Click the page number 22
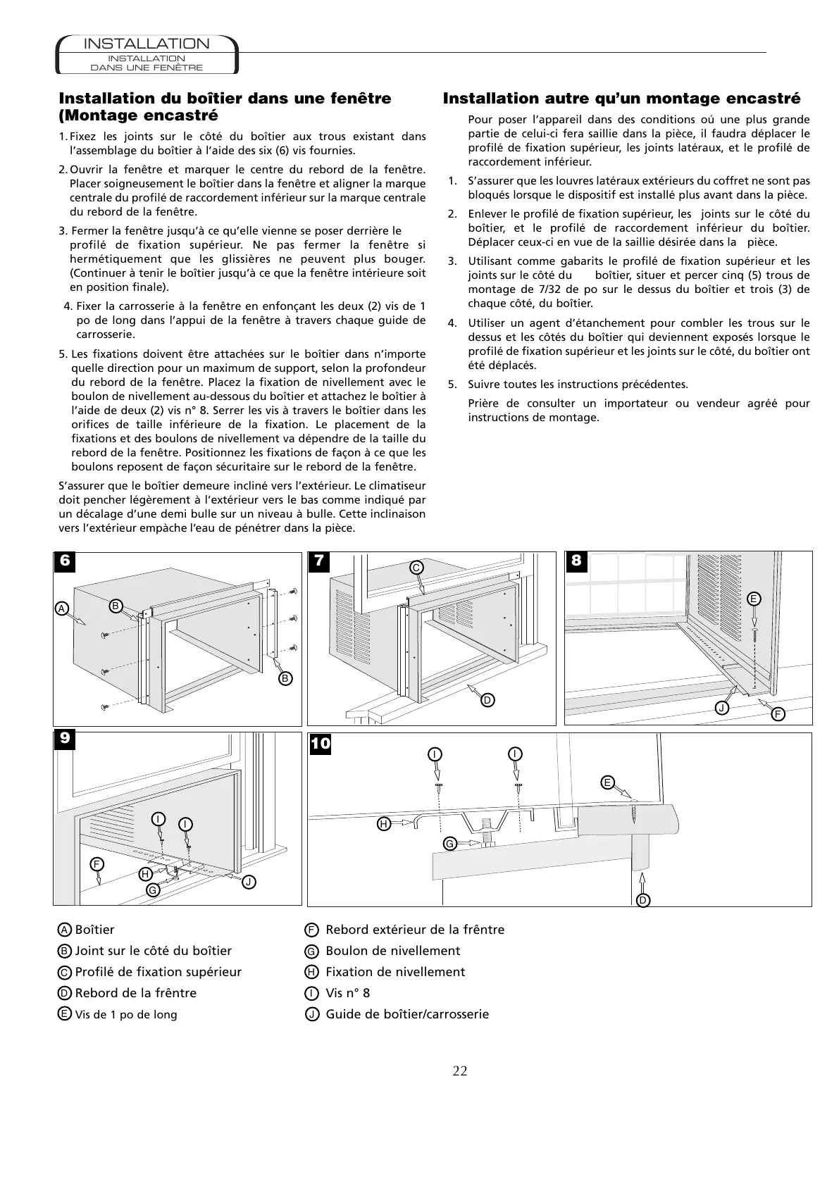(459, 1071)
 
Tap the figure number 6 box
(65, 561)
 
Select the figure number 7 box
(318, 561)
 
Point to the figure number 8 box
(576, 561)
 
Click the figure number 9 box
(65, 739)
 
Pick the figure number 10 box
(321, 743)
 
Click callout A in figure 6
(61, 607)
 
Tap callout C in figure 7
(416, 567)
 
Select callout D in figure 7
(487, 699)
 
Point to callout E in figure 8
(754, 599)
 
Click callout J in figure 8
(721, 706)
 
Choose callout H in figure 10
(384, 823)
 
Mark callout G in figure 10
(449, 843)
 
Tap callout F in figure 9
(97, 863)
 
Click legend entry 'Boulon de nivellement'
(392, 951)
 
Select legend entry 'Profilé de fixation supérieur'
(158, 972)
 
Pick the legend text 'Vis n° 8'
(347, 993)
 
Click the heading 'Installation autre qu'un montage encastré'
(621, 99)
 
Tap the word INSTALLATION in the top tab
(147, 44)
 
